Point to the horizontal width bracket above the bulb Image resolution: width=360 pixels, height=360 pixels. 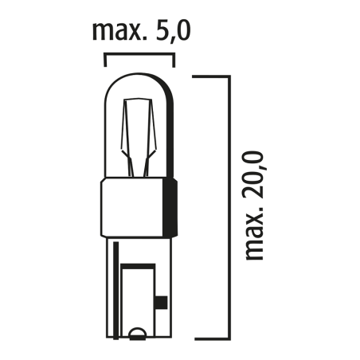tap(139, 55)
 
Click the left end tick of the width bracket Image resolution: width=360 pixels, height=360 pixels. tap(105, 61)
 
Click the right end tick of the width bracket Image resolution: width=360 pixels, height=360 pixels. tap(174, 61)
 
